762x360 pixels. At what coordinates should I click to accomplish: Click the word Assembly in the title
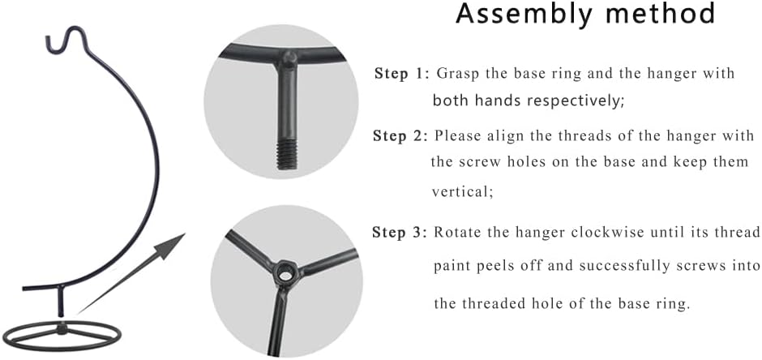coord(522,14)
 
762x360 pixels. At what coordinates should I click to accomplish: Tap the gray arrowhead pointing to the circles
coord(171,246)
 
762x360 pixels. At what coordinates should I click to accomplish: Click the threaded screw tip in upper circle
coord(287,155)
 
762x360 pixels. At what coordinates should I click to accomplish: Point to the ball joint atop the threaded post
coord(289,58)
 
